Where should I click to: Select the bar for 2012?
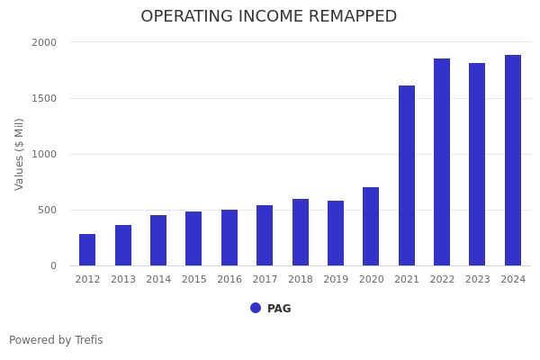pos(87,250)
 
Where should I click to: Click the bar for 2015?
pos(193,238)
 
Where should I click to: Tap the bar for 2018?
pos(301,232)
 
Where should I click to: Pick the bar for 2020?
pos(371,227)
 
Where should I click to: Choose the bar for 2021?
pos(407,175)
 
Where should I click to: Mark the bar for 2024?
pos(513,160)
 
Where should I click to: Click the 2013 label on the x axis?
pos(123,280)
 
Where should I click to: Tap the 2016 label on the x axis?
pos(229,280)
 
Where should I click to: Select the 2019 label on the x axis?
pos(336,280)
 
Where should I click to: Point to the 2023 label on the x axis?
pos(478,280)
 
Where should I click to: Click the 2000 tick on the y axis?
pos(44,42)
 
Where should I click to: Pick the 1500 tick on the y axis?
pos(44,98)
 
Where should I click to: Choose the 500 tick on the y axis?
pos(47,210)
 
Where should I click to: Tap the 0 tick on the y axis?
pos(53,265)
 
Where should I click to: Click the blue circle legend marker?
pos(256,308)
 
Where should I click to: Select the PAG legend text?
pos(279,309)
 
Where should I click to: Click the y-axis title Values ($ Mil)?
pos(20,154)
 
